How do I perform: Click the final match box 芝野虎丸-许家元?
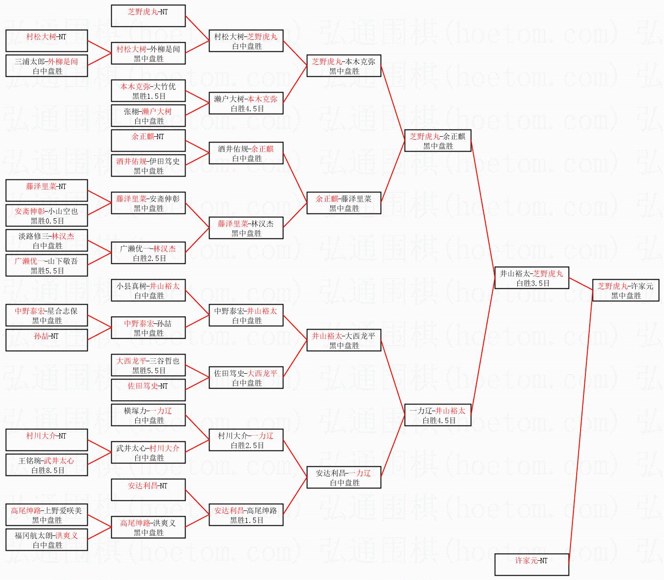[x=625, y=290]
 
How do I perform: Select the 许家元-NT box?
[x=532, y=564]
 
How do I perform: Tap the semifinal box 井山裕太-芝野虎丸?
[x=532, y=278]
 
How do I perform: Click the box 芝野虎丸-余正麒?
[x=438, y=141]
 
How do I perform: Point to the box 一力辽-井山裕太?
[x=438, y=415]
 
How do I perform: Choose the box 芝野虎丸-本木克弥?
[x=344, y=66]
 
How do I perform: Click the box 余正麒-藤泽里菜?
[x=344, y=203]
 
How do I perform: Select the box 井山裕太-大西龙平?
[x=344, y=340]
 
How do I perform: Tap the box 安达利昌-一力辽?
[x=344, y=477]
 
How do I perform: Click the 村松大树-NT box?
[x=47, y=41]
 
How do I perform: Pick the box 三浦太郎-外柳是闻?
[x=47, y=66]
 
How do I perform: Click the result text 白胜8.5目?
[x=47, y=471]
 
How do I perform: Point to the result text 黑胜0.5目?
[x=47, y=221]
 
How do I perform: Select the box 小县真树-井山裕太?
[x=148, y=290]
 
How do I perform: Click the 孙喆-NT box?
[x=47, y=340]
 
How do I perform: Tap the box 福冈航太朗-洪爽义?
[x=47, y=540]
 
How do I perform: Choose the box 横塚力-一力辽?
[x=148, y=415]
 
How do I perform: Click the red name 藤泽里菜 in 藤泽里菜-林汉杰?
[x=233, y=224]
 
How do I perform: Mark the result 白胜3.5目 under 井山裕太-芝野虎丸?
[x=533, y=284]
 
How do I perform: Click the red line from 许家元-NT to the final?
[x=581, y=427]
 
